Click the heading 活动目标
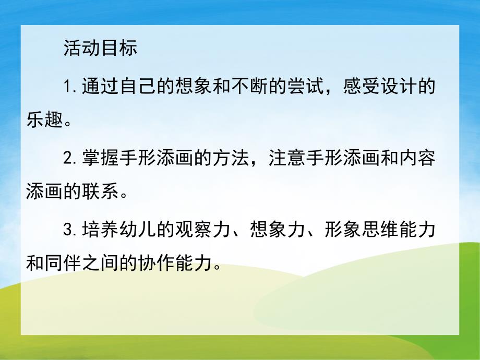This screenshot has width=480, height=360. pyautogui.click(x=100, y=48)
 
